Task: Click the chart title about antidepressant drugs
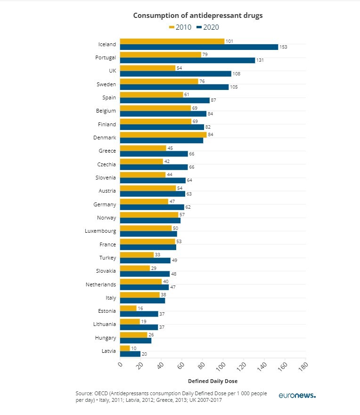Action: (197, 16)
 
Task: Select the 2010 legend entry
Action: (180, 27)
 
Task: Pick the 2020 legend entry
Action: (207, 27)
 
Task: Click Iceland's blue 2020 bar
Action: (199, 47)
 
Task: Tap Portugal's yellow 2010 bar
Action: (160, 55)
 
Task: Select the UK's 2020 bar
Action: (175, 74)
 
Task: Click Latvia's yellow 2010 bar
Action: (125, 348)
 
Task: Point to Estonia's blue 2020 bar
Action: (139, 314)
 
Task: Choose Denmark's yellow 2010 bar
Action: (163, 135)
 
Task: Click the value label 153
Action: (283, 47)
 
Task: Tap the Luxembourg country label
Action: (100, 231)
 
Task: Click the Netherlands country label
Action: (100, 285)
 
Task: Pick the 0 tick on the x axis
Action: (120, 364)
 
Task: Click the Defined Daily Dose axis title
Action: (213, 381)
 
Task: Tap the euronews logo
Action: (297, 396)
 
